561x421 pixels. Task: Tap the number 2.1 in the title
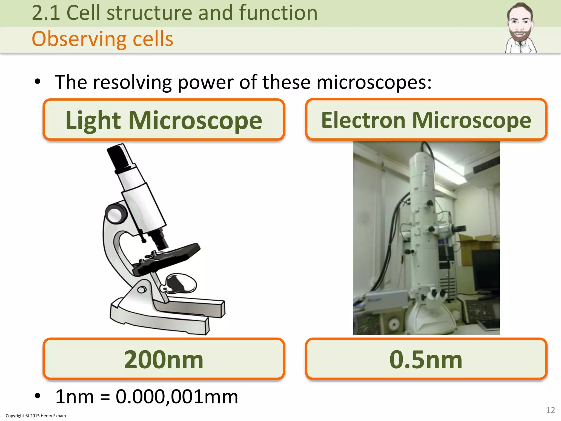pyautogui.click(x=46, y=13)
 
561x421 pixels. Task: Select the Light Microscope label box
pyautogui.click(x=164, y=120)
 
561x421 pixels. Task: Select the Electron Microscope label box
pyautogui.click(x=426, y=120)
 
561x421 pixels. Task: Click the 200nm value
pyautogui.click(x=164, y=359)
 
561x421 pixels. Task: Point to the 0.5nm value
pyautogui.click(x=426, y=359)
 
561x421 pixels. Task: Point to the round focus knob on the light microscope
pyautogui.click(x=116, y=214)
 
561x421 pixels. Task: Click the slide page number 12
pyautogui.click(x=550, y=410)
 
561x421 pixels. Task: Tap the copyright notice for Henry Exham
pyautogui.click(x=36, y=416)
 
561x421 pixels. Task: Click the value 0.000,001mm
pyautogui.click(x=177, y=397)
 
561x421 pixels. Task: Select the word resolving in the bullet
pyautogui.click(x=132, y=82)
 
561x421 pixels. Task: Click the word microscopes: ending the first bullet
pyautogui.click(x=374, y=82)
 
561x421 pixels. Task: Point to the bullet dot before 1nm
pyautogui.click(x=38, y=396)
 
